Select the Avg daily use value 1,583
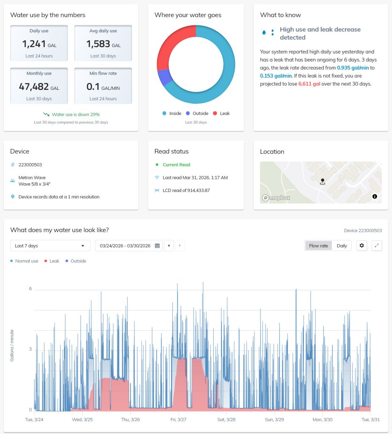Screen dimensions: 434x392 click(98, 44)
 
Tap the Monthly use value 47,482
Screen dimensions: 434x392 click(34, 86)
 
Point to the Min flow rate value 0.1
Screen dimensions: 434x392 click(93, 86)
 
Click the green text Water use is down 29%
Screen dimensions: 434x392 click(75, 114)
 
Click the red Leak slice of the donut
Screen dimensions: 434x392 click(171, 45)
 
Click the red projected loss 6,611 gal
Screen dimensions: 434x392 click(311, 84)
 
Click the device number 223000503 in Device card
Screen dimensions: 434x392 click(30, 165)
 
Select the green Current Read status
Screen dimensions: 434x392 click(176, 165)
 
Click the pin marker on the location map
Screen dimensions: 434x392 click(323, 181)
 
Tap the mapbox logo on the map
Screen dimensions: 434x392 click(276, 198)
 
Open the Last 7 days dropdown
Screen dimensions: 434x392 click(50, 246)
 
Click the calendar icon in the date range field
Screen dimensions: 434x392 click(157, 246)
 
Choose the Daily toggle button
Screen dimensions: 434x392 click(342, 246)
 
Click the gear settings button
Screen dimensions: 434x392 click(362, 246)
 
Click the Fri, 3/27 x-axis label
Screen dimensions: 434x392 click(179, 420)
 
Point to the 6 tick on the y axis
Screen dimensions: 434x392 click(30, 289)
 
